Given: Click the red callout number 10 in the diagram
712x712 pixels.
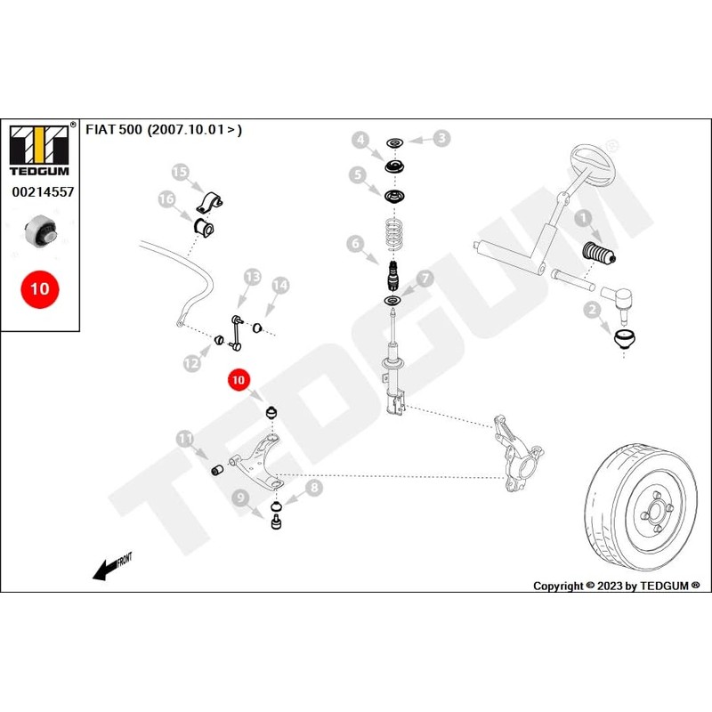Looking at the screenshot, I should [239, 380].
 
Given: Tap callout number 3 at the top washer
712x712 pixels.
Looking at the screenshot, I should [442, 138].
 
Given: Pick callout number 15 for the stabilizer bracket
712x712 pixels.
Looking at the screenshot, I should [181, 172].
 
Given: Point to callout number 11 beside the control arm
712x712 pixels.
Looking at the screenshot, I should [185, 438].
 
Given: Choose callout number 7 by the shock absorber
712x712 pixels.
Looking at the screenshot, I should [425, 279].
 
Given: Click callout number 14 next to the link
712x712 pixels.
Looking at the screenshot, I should [279, 285].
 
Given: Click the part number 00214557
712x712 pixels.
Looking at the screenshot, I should [42, 191].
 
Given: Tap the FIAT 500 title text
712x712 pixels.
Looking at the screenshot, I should [163, 130].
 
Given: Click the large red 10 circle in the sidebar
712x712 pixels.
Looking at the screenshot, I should [41, 288].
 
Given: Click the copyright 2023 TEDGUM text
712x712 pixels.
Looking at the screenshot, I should [616, 586].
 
